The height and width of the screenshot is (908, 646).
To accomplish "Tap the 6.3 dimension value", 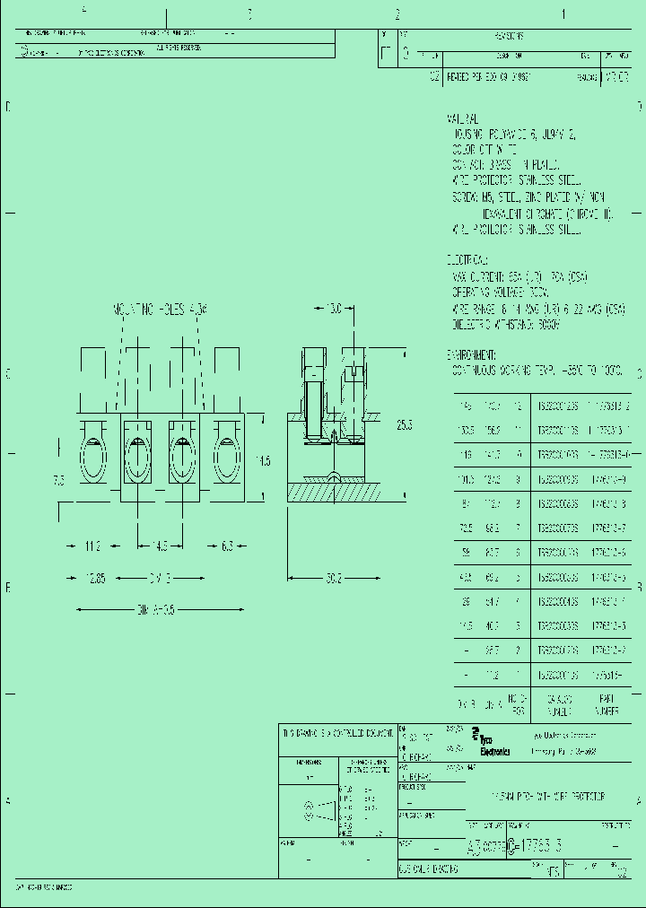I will tap(226, 546).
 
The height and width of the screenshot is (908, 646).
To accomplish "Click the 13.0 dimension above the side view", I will tap(335, 309).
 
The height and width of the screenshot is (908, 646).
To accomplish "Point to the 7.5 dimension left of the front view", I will tap(59, 480).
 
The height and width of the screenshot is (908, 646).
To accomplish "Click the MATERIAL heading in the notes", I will tap(463, 118).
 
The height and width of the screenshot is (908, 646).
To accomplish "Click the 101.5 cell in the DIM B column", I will tap(465, 480).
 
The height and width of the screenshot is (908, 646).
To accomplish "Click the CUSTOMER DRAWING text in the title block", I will tap(429, 869).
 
